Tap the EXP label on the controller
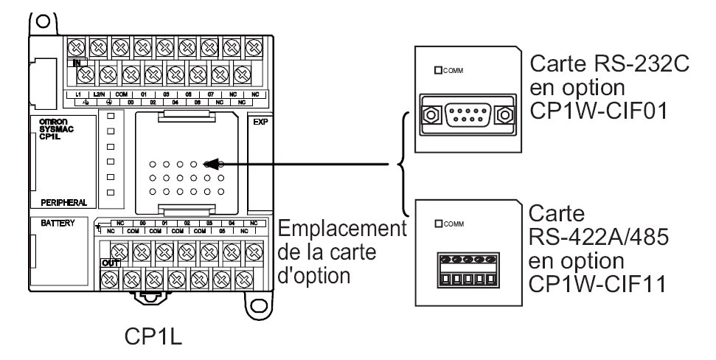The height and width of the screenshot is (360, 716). point(259,122)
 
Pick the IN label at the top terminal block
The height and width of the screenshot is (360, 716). point(77,63)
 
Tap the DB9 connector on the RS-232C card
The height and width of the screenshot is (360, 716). point(466,116)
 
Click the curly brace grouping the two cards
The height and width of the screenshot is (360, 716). point(403,165)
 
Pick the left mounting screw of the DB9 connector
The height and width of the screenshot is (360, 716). point(429,116)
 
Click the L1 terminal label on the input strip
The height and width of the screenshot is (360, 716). point(77,96)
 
